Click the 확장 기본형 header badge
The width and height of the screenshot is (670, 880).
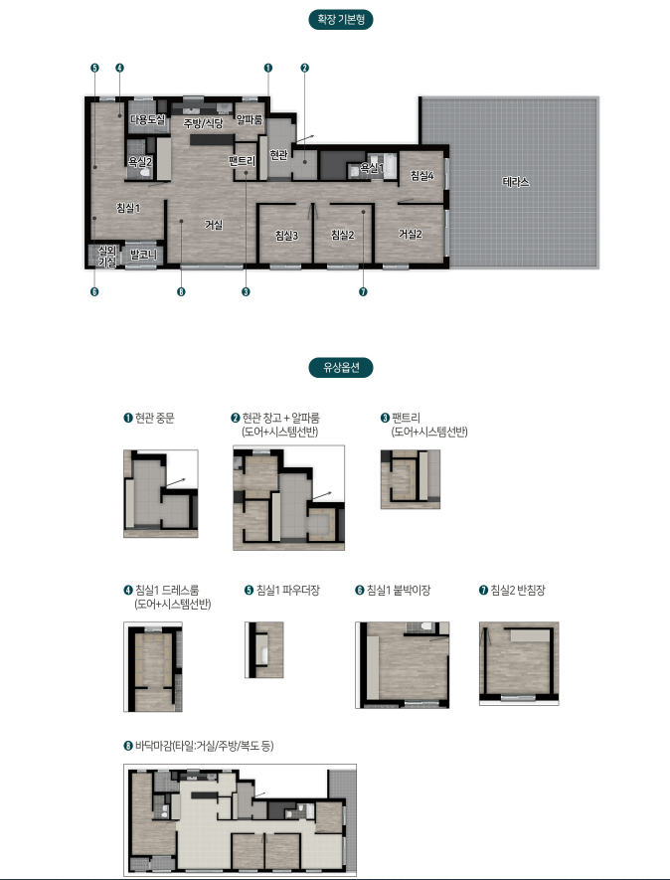[x=341, y=20]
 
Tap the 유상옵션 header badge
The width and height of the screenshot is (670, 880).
[x=341, y=368]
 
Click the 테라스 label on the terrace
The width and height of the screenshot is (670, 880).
[x=516, y=182]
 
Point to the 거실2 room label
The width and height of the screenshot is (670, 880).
[x=411, y=234]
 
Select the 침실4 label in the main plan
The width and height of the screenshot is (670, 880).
[x=421, y=176]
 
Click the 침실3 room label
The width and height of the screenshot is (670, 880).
[x=286, y=236]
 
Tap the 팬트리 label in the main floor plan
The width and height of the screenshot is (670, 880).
[x=242, y=162]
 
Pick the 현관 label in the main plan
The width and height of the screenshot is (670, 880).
[x=278, y=154]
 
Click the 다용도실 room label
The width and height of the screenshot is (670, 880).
[x=147, y=119]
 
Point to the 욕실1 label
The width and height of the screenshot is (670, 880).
[x=372, y=168]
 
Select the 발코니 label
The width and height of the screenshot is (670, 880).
[x=143, y=255]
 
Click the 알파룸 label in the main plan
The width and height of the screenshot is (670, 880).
[x=250, y=119]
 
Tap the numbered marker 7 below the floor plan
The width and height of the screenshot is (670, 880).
[x=363, y=291]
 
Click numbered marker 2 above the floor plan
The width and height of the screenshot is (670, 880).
[x=305, y=68]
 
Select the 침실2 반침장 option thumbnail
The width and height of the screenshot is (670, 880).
[x=519, y=663]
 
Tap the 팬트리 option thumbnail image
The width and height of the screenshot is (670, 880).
[x=411, y=479]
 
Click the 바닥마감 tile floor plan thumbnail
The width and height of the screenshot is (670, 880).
[x=241, y=819]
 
